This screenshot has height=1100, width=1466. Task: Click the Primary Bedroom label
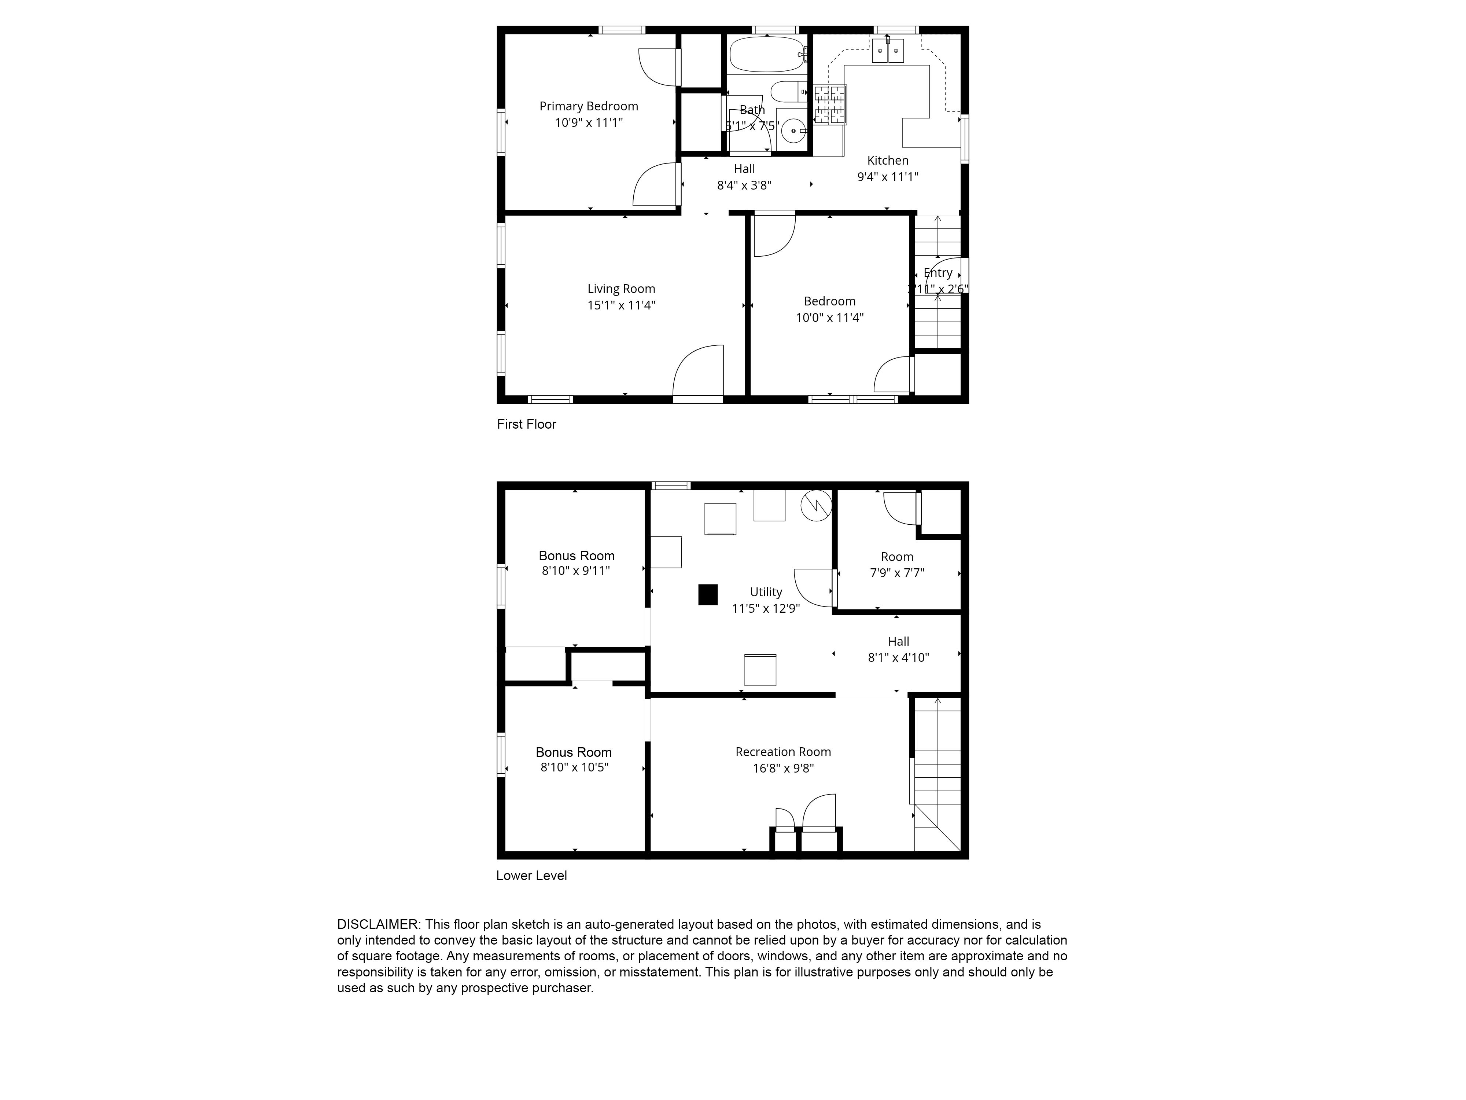[589, 106]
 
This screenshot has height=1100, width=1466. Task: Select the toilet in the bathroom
[789, 92]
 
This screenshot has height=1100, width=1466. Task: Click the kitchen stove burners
[830, 105]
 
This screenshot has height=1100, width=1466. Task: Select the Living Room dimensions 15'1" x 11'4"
[621, 306]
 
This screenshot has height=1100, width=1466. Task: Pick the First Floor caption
[526, 424]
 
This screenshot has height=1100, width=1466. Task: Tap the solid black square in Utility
[708, 594]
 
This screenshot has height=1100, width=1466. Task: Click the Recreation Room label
[783, 752]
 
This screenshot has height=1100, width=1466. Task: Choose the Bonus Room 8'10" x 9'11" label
[576, 563]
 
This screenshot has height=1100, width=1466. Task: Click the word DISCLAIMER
[378, 924]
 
